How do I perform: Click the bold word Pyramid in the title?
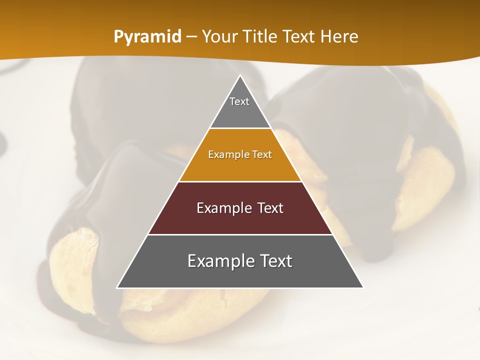click(147, 37)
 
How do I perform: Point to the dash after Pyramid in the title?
click(191, 37)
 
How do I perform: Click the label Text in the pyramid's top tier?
click(239, 101)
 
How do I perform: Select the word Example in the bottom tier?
click(218, 261)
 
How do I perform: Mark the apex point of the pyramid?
click(240, 76)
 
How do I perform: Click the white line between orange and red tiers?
click(240, 181)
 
